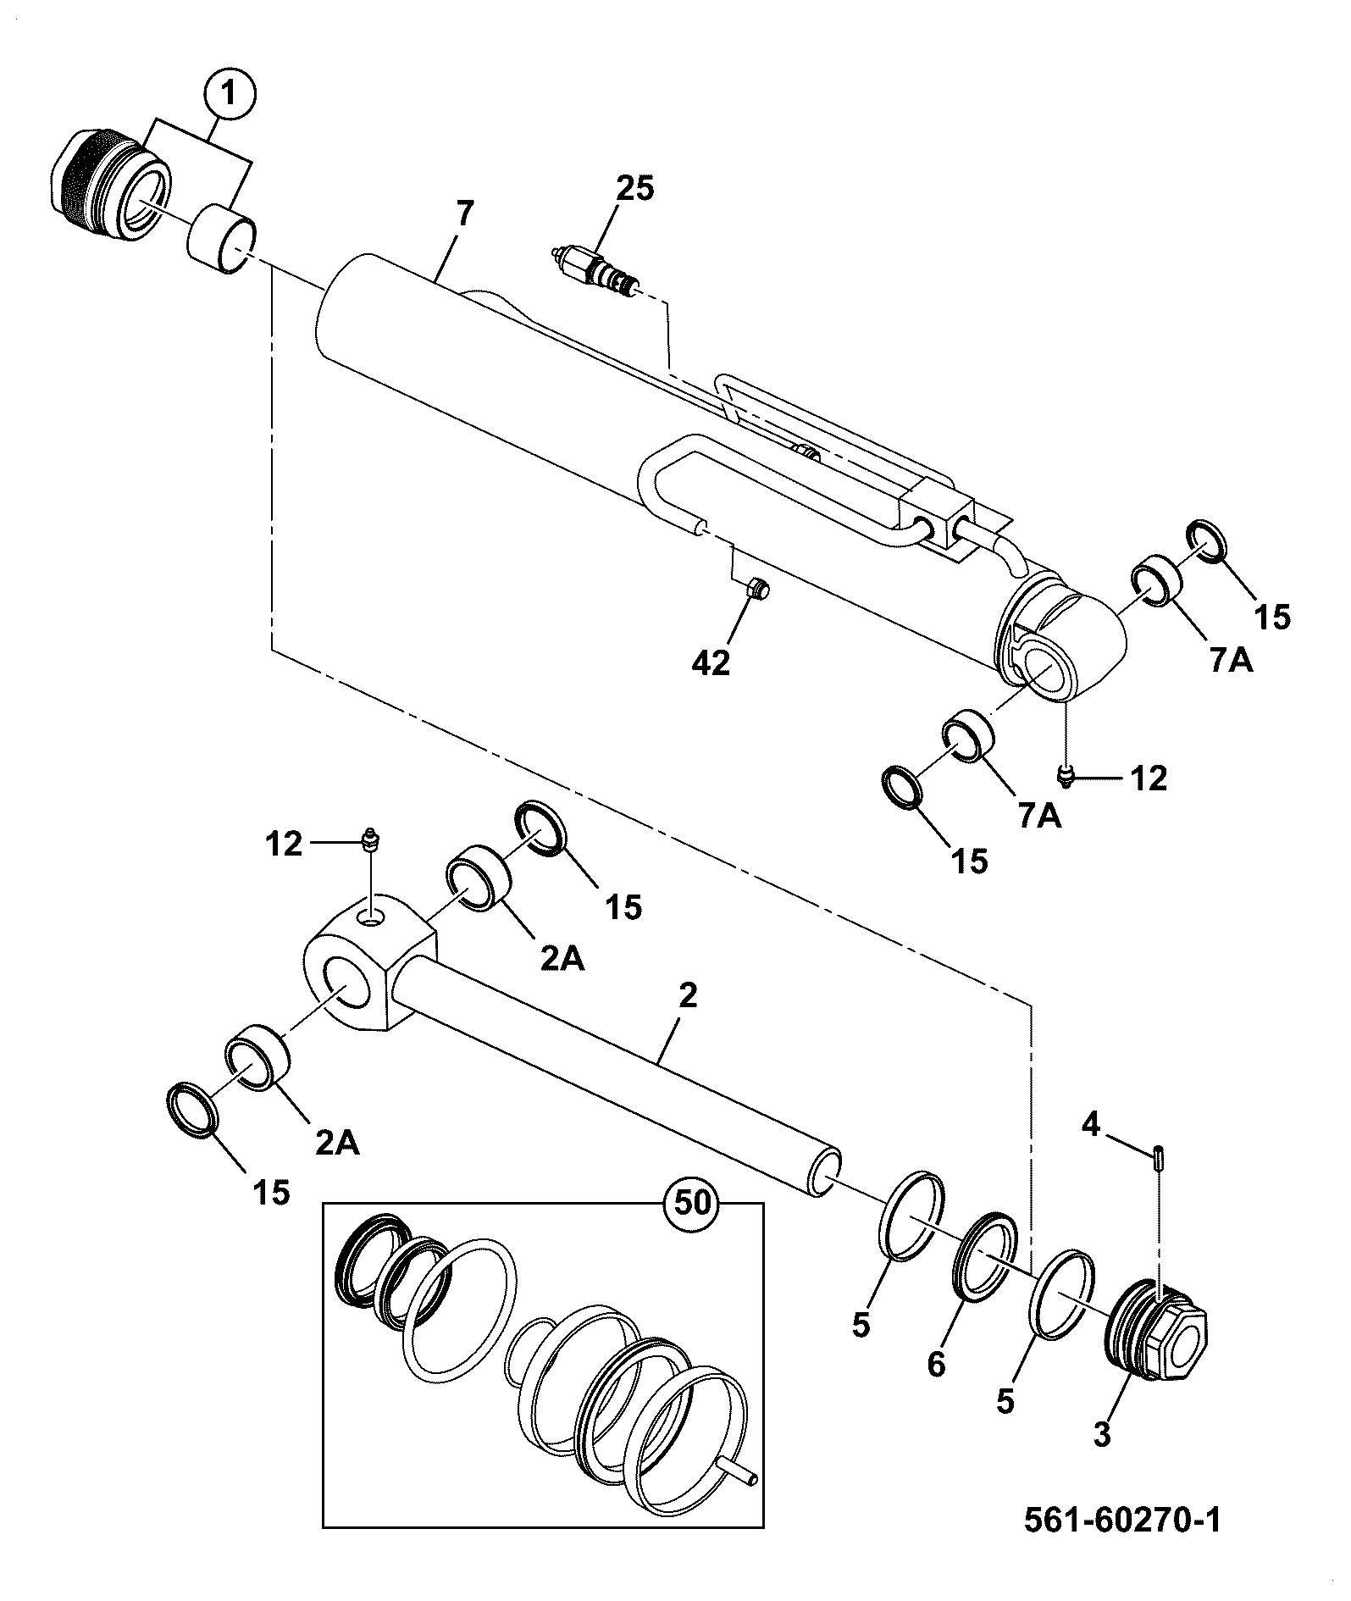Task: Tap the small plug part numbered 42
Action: click(x=760, y=589)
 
